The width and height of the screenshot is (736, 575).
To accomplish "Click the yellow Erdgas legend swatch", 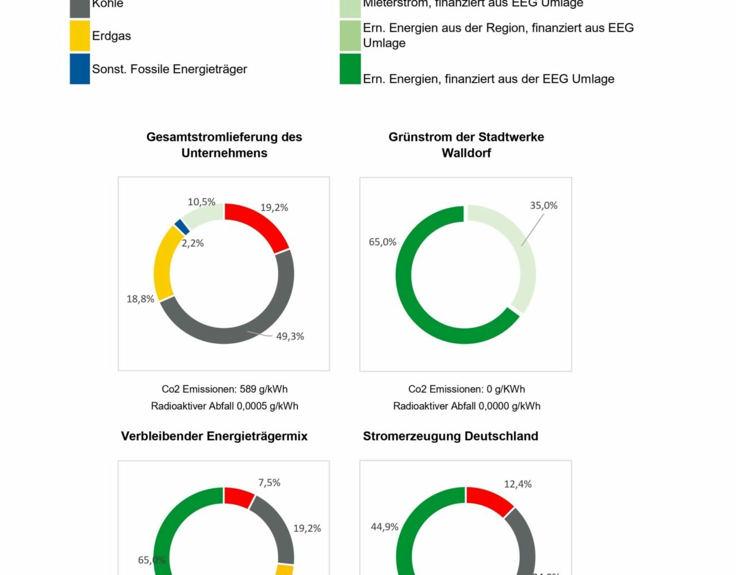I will tap(80, 36).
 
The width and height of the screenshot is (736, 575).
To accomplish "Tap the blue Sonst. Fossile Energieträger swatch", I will tap(80, 69).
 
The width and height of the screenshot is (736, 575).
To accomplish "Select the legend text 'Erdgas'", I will tap(112, 36).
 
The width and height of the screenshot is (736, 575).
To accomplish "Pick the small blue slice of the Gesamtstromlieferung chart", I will tap(182, 227).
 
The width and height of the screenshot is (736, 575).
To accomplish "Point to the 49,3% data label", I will tap(290, 336).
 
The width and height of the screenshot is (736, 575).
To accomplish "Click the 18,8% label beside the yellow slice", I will tap(140, 299).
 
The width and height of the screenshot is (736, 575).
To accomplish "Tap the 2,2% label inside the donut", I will tap(193, 243).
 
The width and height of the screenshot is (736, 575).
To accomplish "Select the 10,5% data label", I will tap(201, 202).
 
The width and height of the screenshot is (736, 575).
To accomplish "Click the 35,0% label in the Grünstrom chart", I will tap(543, 205).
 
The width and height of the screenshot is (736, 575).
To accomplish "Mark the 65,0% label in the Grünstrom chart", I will tap(382, 242).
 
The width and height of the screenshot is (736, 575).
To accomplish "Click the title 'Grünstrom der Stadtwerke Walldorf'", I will tap(466, 145).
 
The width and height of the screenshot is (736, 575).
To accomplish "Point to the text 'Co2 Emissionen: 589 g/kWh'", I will tap(224, 389).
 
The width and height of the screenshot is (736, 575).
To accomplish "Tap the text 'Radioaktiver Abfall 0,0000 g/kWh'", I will tap(466, 406).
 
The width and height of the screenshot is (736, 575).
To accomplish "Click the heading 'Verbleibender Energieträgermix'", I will tap(214, 436).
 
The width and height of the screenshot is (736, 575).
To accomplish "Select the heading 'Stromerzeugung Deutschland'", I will tap(450, 436).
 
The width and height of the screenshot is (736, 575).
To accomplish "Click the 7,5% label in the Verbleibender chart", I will tap(269, 482).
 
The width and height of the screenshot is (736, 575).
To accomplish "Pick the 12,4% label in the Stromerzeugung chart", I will tap(517, 484).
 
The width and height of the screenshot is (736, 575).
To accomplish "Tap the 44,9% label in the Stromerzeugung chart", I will tap(385, 527).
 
